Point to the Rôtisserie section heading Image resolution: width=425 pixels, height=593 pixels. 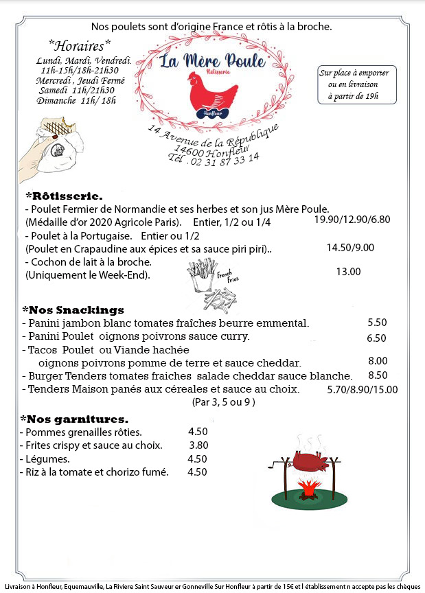64,196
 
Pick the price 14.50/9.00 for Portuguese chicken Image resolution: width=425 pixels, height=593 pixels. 350,247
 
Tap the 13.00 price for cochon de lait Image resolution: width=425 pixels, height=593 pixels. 348,271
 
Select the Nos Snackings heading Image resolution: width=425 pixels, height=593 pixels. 73,310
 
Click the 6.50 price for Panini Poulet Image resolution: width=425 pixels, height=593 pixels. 377,337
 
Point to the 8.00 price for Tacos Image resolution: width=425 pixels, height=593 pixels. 378,361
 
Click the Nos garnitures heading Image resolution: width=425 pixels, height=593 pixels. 75,419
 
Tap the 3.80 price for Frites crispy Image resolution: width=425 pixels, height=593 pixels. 198,445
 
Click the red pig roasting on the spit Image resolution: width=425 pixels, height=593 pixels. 312,461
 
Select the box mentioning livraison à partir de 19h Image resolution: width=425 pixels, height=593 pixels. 353,84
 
